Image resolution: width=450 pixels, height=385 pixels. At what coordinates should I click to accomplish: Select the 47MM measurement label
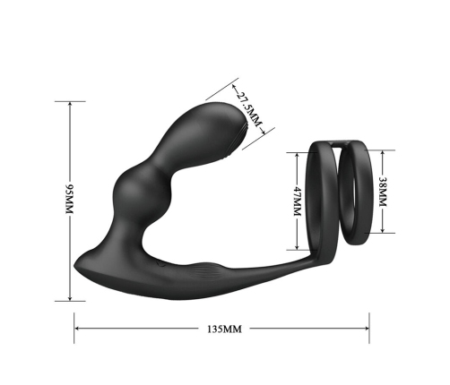297,201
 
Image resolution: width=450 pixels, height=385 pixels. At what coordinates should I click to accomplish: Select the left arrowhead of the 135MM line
77,328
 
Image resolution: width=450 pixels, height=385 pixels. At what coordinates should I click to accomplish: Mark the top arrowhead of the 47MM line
297,154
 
